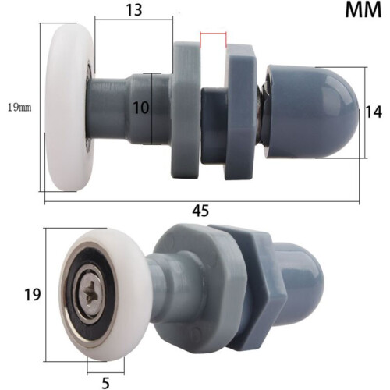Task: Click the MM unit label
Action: [363, 10]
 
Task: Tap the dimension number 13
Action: [134, 10]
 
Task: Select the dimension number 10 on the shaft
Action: [141, 108]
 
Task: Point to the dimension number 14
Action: [374, 112]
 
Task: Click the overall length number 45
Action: [200, 211]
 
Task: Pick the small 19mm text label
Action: [19, 108]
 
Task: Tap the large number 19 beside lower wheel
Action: [33, 295]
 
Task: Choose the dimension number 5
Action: [105, 382]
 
